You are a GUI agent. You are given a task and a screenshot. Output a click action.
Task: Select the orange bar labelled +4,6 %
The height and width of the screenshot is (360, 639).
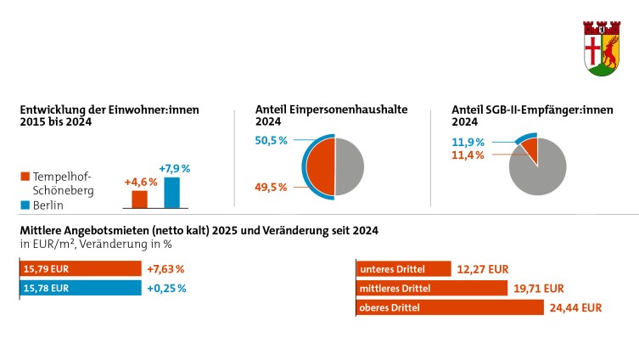pos(140,200)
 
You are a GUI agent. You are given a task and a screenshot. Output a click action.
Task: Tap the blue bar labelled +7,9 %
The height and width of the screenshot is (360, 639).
pos(171,193)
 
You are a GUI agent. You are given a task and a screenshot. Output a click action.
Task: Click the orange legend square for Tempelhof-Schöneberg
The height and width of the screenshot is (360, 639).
pos(25,177)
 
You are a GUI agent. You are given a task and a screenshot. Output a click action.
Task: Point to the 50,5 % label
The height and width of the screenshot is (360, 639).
pos(272,139)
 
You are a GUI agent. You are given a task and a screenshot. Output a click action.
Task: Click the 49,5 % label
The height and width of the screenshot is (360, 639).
pos(272,186)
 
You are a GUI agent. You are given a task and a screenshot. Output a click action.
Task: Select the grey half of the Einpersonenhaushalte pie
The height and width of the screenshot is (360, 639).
pos(350,164)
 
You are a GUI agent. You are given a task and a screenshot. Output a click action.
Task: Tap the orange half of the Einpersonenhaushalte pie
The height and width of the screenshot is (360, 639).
pos(320,164)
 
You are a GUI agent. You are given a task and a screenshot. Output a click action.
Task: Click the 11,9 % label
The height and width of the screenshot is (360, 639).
pos(468,142)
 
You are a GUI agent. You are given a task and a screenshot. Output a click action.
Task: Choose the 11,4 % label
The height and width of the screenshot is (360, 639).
pos(468,155)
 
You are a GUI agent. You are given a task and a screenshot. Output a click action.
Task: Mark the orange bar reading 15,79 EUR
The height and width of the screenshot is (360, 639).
pos(81,269)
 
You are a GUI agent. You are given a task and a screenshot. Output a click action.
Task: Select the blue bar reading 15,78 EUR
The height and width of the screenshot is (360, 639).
pos(81,288)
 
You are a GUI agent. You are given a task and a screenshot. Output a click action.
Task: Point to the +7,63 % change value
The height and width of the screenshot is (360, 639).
pos(165,269)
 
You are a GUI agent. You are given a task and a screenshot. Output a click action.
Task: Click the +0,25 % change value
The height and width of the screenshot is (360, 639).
pos(165,288)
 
